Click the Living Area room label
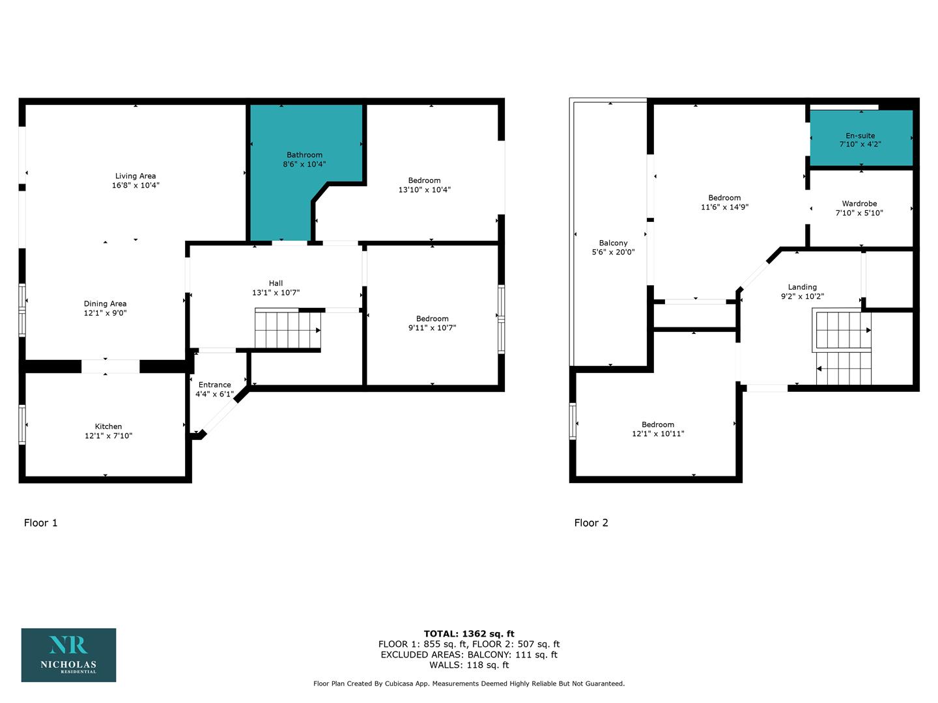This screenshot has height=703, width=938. point(135,176)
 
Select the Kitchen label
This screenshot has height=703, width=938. point(108,426)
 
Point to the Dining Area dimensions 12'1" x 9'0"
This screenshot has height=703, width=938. point(105,313)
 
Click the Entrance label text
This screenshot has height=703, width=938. point(214,385)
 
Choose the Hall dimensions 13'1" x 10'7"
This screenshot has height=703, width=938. point(276,292)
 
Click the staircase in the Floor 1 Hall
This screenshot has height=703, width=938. point(288,328)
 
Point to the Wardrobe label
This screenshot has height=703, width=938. point(859,204)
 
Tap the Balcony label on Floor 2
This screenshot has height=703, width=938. point(613,243)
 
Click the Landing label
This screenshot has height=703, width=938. point(802,287)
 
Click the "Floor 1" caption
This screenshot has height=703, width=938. point(40,523)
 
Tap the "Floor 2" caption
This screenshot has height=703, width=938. point(591,523)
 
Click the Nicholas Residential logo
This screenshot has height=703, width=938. point(68,655)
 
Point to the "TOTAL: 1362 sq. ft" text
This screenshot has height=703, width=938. point(469,633)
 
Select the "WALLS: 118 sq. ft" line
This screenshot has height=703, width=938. point(469,665)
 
